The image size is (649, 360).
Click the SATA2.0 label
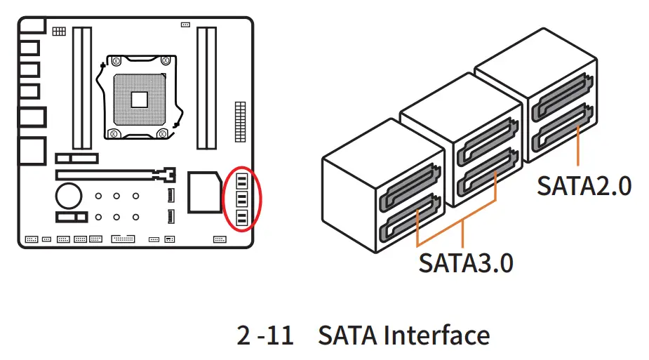(584, 186)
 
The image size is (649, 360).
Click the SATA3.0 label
(466, 262)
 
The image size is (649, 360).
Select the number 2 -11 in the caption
(265, 336)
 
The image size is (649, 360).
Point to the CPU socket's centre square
(139, 98)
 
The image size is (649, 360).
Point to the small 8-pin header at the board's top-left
(59, 32)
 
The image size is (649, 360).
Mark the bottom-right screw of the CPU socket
(163, 133)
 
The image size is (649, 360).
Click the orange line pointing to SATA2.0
(577, 148)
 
